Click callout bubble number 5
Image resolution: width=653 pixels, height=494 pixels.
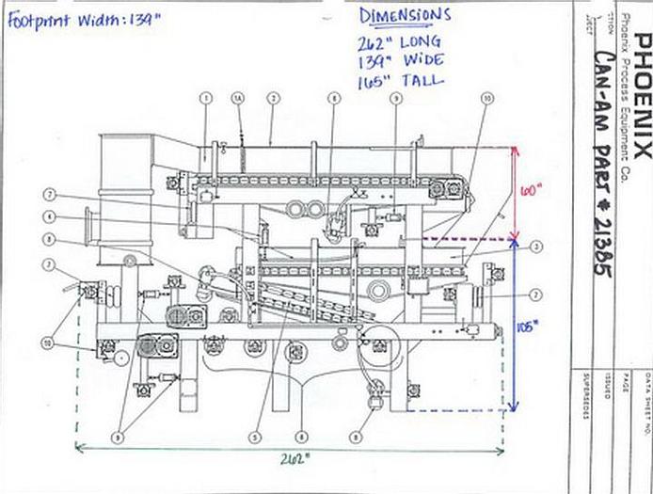(254, 436)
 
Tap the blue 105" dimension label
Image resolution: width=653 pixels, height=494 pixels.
(528, 327)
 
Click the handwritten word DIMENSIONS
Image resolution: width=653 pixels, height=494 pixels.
(405, 16)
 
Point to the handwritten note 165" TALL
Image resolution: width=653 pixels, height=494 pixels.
(400, 81)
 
